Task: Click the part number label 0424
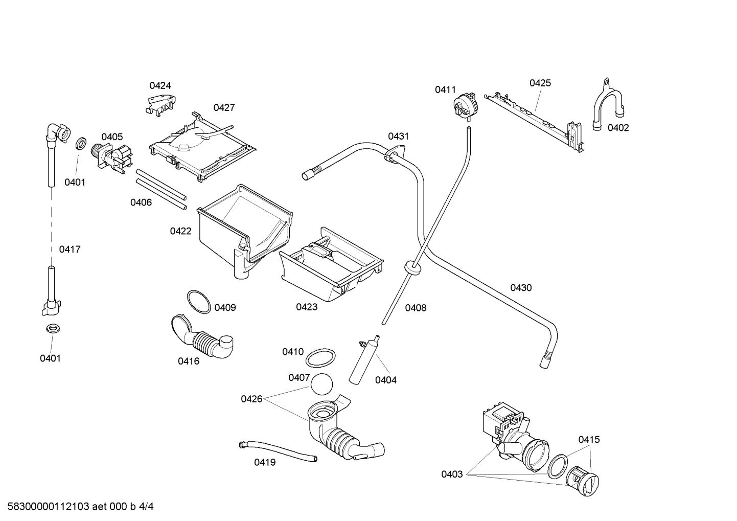click(x=160, y=85)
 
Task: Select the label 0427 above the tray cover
click(x=224, y=107)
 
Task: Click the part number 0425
click(x=540, y=83)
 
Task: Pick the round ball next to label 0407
click(x=321, y=384)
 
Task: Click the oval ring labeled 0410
click(x=321, y=358)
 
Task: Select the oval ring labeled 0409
click(x=199, y=302)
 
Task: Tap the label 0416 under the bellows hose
click(x=189, y=361)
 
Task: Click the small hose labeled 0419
click(x=278, y=451)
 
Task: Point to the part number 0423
click(x=307, y=307)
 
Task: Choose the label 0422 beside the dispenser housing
click(x=180, y=232)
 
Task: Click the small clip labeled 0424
click(x=160, y=105)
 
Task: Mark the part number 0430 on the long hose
click(x=521, y=288)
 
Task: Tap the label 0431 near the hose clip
click(x=399, y=136)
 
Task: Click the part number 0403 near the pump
click(x=452, y=474)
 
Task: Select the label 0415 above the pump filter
click(x=589, y=440)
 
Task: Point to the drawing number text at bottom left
click(x=81, y=507)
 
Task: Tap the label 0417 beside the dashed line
click(x=70, y=250)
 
